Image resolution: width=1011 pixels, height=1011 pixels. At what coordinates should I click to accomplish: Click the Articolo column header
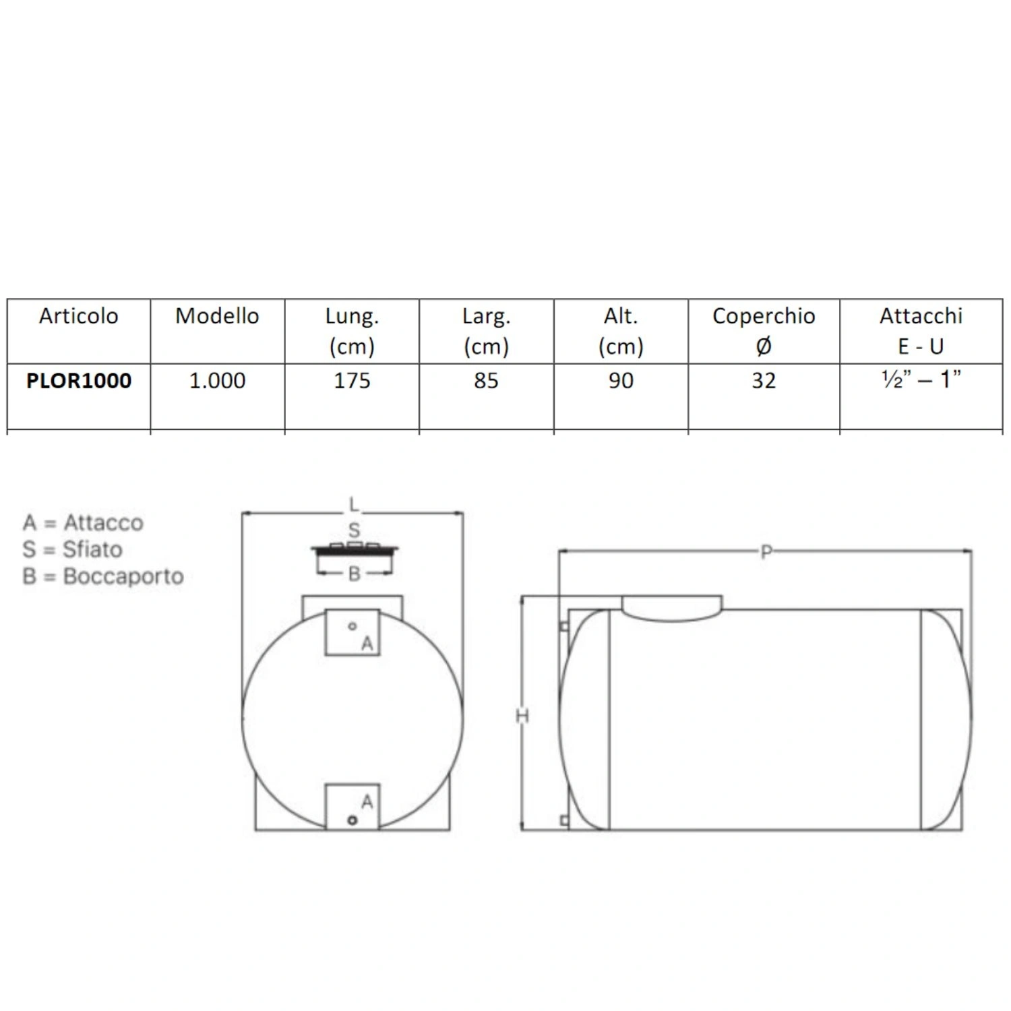click(78, 316)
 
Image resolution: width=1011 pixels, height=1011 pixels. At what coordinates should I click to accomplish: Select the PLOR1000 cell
click(79, 381)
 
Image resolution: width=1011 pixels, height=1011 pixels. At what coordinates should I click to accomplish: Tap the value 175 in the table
click(352, 381)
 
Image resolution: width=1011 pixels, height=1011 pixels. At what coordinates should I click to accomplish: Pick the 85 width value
click(486, 381)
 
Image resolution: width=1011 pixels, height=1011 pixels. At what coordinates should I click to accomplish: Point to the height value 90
click(621, 381)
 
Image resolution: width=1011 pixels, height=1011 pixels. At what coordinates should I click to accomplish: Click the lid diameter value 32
click(764, 381)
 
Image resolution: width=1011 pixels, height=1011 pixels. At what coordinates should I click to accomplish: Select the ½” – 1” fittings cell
click(921, 379)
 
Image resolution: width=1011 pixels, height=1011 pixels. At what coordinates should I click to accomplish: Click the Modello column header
click(217, 316)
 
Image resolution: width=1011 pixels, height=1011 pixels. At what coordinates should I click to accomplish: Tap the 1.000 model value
click(217, 381)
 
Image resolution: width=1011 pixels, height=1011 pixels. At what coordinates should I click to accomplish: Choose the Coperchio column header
click(764, 316)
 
